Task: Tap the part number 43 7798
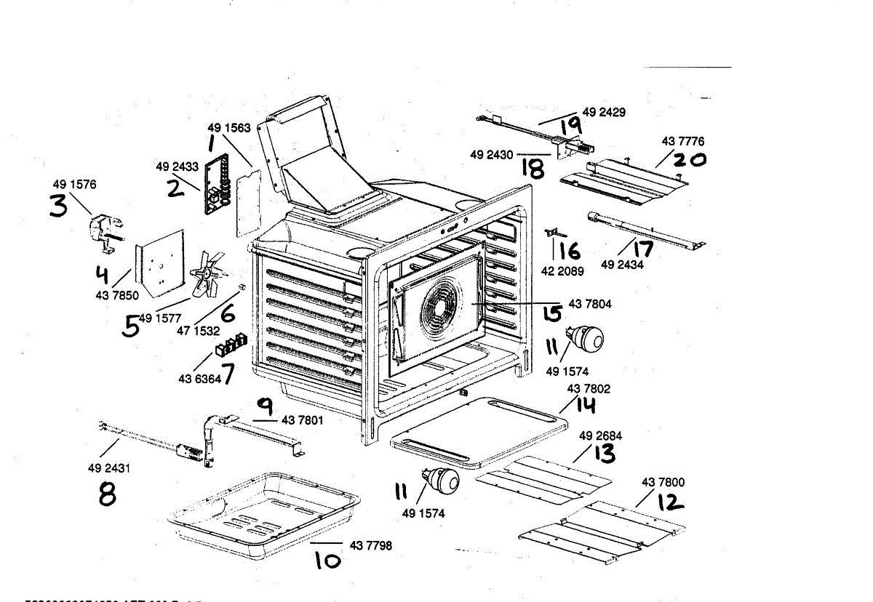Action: click(370, 545)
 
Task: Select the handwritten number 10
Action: click(327, 561)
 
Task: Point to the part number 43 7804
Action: click(590, 305)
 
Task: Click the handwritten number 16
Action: click(570, 252)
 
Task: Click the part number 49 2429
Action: click(604, 112)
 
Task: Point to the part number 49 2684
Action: click(600, 436)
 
